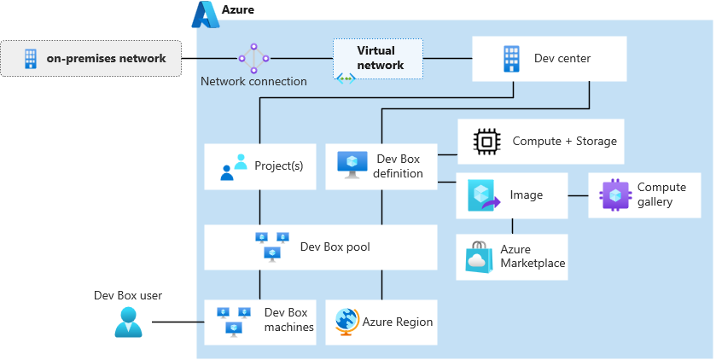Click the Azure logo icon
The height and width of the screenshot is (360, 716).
point(205,15)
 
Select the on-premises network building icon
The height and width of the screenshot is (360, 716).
point(30,59)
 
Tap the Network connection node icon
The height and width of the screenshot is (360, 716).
point(253,58)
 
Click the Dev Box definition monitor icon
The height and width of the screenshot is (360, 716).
point(352,165)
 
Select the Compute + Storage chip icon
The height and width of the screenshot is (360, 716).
point(486,142)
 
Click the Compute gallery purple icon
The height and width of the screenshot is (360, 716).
point(614,195)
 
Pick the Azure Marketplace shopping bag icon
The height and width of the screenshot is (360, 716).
point(479,257)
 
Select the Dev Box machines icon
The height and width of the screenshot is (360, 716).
point(233,321)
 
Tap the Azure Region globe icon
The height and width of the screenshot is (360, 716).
point(347,322)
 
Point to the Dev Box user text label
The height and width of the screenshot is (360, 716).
point(128,295)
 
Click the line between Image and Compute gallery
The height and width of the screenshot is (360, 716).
point(578,195)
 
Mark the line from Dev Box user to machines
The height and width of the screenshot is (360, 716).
point(178,322)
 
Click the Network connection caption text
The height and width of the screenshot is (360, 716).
point(253,82)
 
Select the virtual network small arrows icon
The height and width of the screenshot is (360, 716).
point(346,78)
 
